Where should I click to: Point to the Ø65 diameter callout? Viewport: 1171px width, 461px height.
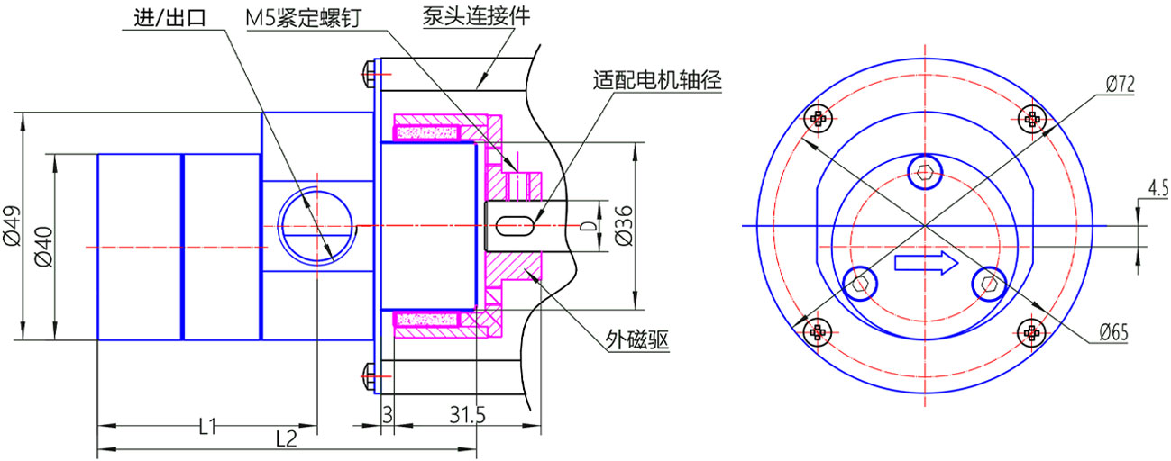[1114, 332]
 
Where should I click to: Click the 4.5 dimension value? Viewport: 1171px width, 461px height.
[1157, 188]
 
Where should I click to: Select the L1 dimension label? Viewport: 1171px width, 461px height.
[206, 425]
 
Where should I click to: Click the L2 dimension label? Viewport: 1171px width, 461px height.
[286, 438]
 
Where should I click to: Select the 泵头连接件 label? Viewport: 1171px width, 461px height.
[469, 17]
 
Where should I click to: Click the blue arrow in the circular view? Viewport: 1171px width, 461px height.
[926, 264]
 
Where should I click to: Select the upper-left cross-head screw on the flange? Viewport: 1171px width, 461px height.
[819, 117]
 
